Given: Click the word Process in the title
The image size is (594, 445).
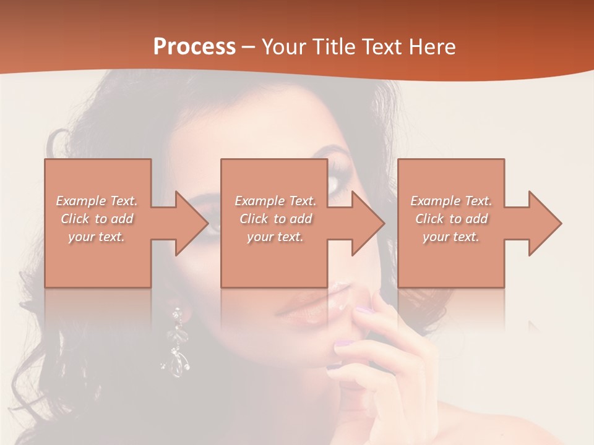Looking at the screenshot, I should [x=194, y=47].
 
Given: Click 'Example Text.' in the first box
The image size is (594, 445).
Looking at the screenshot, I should [x=97, y=201].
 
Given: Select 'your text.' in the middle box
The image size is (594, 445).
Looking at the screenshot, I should [x=275, y=237].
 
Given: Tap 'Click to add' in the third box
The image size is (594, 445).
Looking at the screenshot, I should [x=451, y=219].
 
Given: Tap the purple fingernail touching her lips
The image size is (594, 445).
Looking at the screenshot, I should [x=366, y=310].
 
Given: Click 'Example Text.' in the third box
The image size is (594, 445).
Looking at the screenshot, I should [x=451, y=201].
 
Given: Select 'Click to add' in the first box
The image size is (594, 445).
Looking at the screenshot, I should [x=97, y=219].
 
